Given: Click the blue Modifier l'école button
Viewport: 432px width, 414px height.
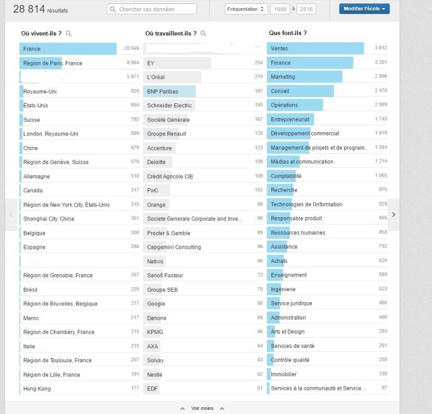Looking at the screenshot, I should [364, 9].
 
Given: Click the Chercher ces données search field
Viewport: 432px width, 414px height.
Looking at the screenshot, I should [152, 9].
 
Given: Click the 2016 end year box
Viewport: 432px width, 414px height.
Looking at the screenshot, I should [306, 9].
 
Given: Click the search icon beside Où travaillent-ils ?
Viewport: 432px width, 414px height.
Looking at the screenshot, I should [203, 33].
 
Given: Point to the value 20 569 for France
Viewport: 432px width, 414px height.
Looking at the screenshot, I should [131, 49].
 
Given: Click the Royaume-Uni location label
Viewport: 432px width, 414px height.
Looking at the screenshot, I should [39, 91].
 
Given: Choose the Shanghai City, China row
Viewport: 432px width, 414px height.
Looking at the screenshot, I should [49, 218].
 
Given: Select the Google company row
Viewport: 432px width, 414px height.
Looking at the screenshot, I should [156, 303].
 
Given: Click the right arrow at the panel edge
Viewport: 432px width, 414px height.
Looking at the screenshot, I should [394, 214].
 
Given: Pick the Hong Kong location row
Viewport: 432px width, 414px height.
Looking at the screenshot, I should [37, 388].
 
